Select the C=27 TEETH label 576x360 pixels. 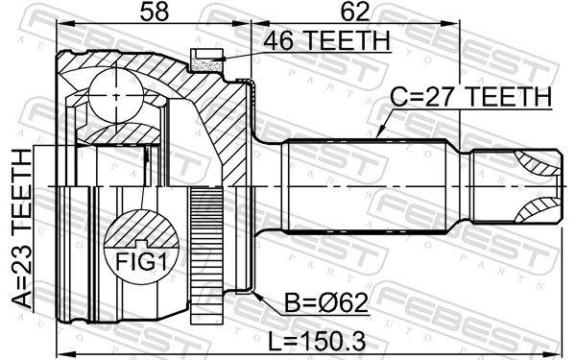pos(470,97)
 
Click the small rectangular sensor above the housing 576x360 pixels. pos(204,61)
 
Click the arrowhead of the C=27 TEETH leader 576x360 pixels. pos(377,136)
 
